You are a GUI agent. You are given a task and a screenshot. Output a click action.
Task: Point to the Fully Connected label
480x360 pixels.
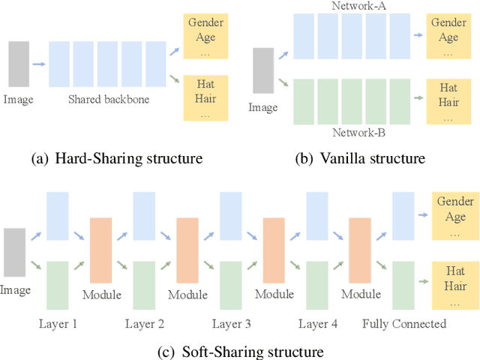click(x=404, y=324)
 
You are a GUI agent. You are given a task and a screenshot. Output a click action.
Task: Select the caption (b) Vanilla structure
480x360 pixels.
click(x=362, y=158)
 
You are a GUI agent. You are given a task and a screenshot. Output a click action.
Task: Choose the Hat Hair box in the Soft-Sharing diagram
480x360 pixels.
click(x=454, y=284)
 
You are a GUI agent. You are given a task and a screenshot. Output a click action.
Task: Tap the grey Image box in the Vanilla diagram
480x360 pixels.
click(x=264, y=71)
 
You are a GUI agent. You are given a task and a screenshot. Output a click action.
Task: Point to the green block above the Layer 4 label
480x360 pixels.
click(x=317, y=284)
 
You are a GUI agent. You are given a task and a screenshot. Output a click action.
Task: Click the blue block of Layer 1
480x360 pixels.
click(x=57, y=214)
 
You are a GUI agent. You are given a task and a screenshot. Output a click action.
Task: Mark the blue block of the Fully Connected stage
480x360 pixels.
click(x=404, y=214)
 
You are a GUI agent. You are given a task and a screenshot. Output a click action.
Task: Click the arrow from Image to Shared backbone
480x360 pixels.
click(x=38, y=63)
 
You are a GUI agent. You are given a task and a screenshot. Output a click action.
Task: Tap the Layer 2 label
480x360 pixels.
click(x=144, y=324)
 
